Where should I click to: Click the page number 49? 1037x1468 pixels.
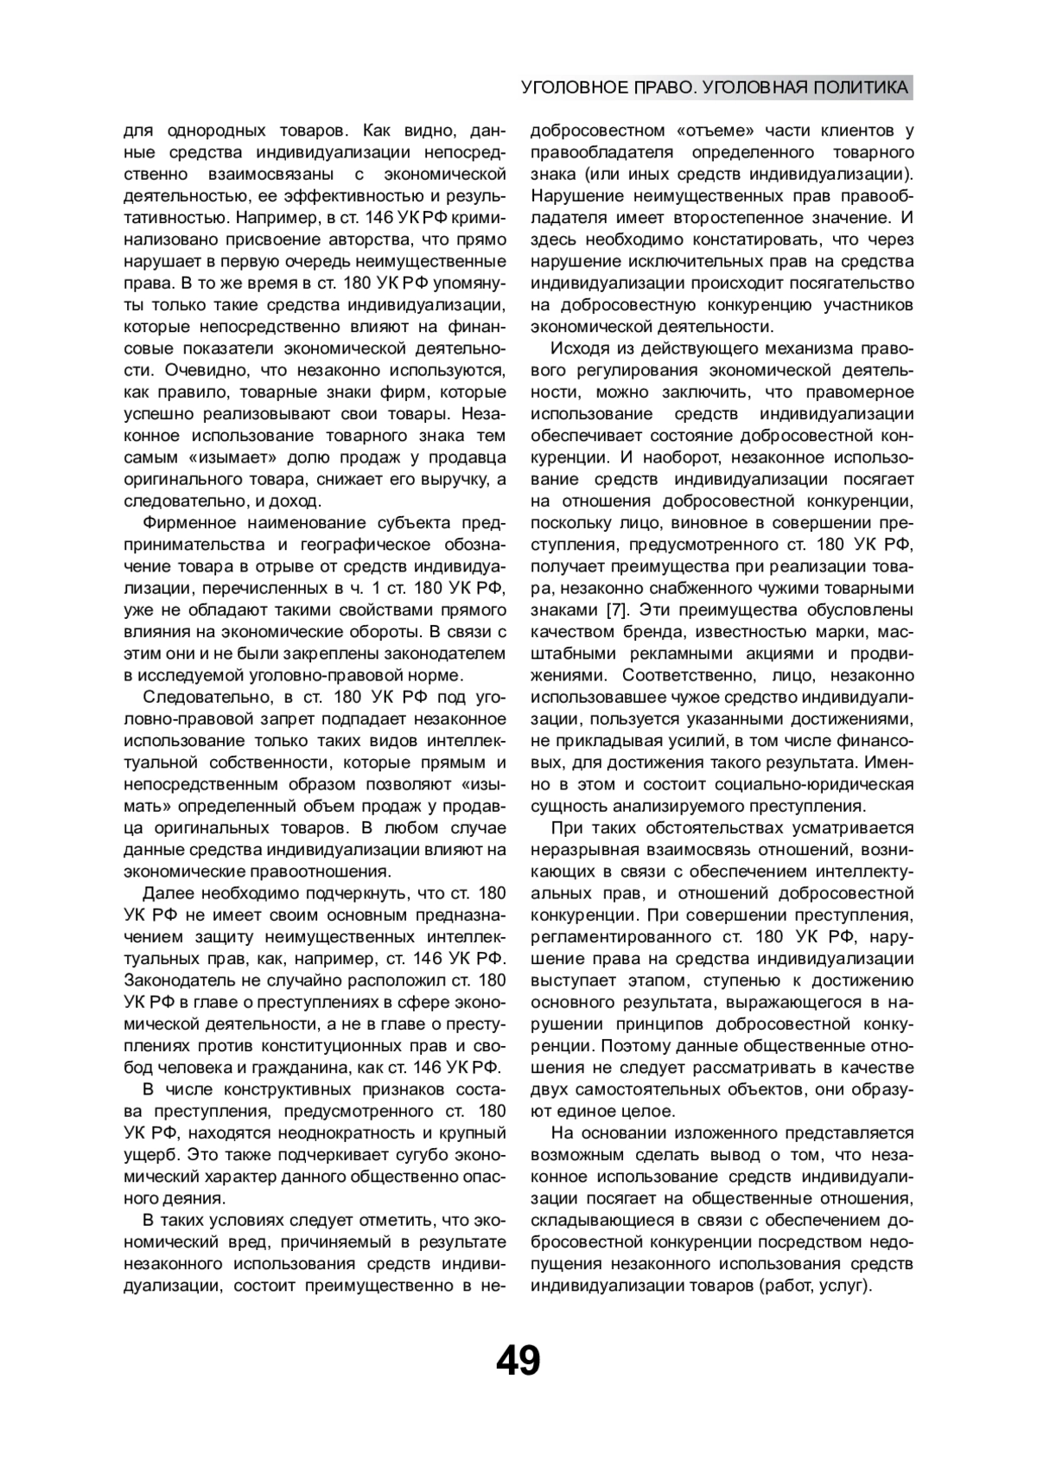click(x=518, y=1361)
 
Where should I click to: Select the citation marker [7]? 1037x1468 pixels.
click(x=616, y=610)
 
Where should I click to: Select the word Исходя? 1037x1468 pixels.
click(x=579, y=348)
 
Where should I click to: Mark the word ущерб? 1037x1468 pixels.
click(x=149, y=1154)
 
